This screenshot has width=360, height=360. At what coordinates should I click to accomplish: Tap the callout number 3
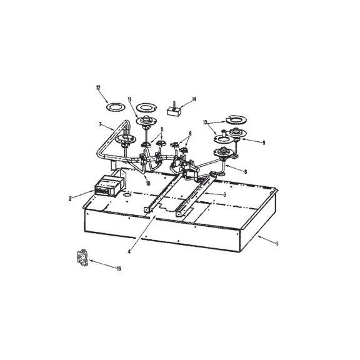224,195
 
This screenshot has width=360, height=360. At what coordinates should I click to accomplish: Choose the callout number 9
264,142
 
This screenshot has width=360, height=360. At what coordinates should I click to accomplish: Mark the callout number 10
148,183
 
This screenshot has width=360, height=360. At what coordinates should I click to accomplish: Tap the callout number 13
205,123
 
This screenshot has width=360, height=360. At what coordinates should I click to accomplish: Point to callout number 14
194,99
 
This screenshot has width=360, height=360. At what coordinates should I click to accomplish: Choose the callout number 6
190,133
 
